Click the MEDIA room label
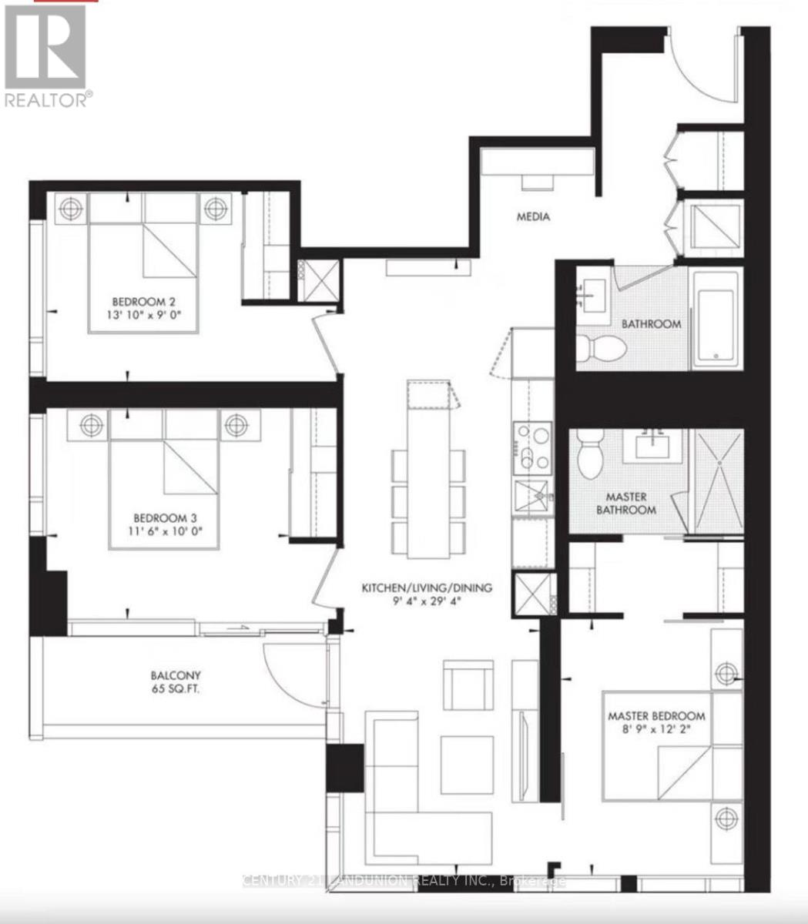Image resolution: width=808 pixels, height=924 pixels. click(533, 217)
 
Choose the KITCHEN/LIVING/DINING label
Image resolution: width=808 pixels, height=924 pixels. click(427, 588)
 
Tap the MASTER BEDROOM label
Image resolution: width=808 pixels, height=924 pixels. click(655, 715)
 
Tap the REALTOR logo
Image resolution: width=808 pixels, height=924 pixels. click(46, 54)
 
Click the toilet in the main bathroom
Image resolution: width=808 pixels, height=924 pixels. click(600, 347)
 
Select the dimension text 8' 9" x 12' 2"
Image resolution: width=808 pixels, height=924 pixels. click(655, 729)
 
